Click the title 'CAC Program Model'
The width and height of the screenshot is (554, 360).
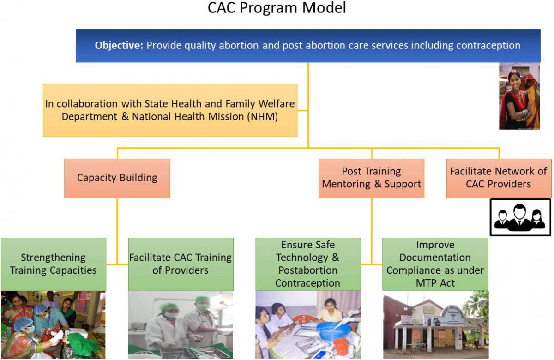[x=277, y=8]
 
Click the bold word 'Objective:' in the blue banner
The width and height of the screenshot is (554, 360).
[x=119, y=46]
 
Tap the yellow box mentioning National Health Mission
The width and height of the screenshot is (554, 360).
[x=170, y=110]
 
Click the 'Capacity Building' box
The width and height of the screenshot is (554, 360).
[x=117, y=178]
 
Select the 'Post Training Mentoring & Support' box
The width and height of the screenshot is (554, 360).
[x=371, y=178]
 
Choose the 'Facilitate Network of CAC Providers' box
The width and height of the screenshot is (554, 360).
[x=498, y=178]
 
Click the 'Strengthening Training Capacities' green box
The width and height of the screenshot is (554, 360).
[x=53, y=264]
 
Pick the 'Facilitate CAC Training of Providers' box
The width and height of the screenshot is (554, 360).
[x=181, y=264]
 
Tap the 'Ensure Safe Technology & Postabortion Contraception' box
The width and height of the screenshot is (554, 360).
[x=308, y=264]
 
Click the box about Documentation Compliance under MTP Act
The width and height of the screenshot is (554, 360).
[x=435, y=264]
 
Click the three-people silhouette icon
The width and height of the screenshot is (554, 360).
[x=520, y=217]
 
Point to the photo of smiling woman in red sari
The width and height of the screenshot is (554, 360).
[x=519, y=96]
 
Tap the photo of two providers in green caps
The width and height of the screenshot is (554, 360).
[x=181, y=325]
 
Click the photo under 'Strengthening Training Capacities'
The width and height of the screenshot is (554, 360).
[x=53, y=325]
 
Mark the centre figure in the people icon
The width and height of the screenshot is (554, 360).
[x=520, y=217]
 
